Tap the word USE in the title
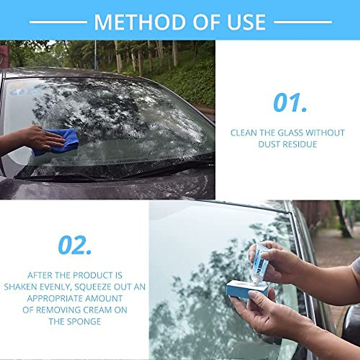[245, 22]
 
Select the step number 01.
[290, 103]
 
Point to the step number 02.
[75, 245]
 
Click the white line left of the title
[58, 22]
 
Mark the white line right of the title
[303, 22]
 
